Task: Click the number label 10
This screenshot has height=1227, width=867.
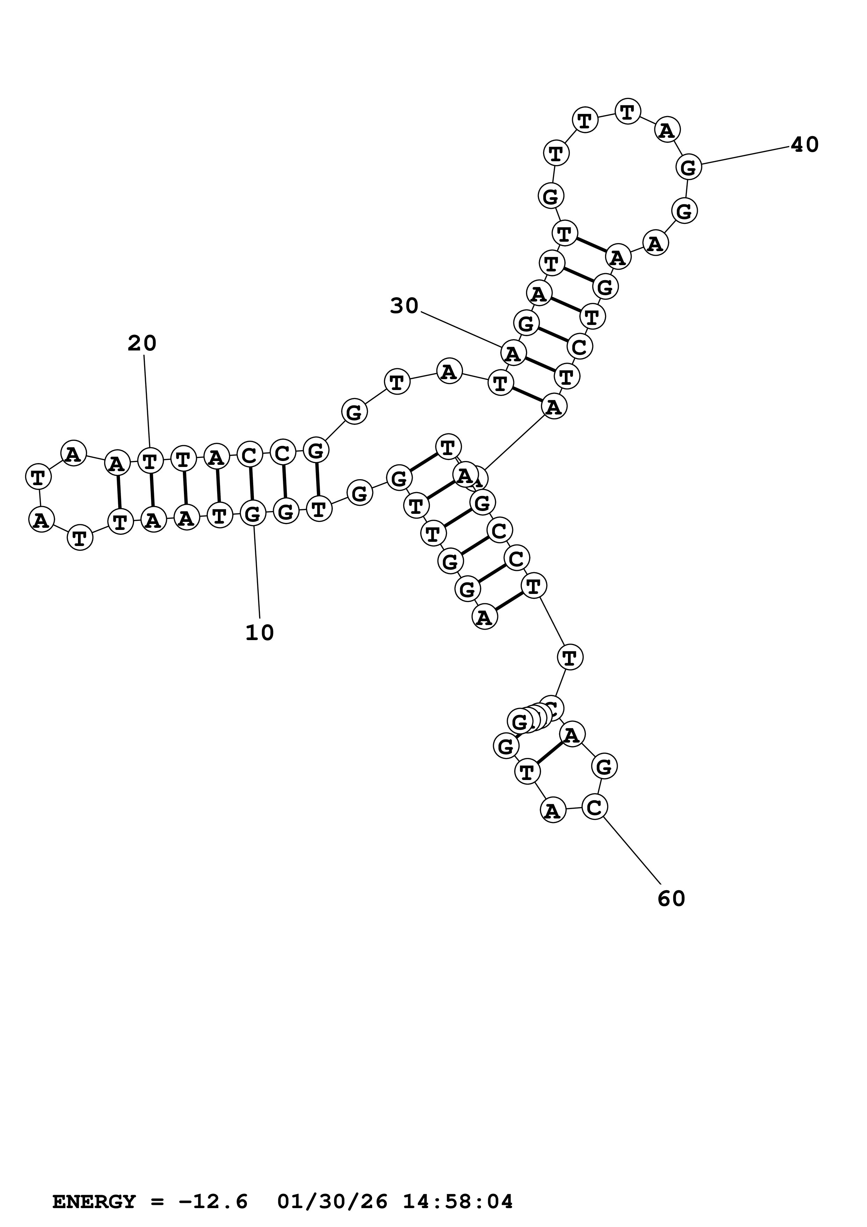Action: coord(260,633)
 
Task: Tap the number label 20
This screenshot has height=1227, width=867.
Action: coord(142,343)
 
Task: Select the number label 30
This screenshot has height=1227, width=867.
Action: coord(404,306)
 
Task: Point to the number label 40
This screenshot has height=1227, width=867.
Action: coord(804,144)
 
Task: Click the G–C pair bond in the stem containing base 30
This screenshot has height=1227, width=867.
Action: coord(553,335)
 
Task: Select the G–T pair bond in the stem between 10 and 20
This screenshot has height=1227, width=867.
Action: coord(317,480)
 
